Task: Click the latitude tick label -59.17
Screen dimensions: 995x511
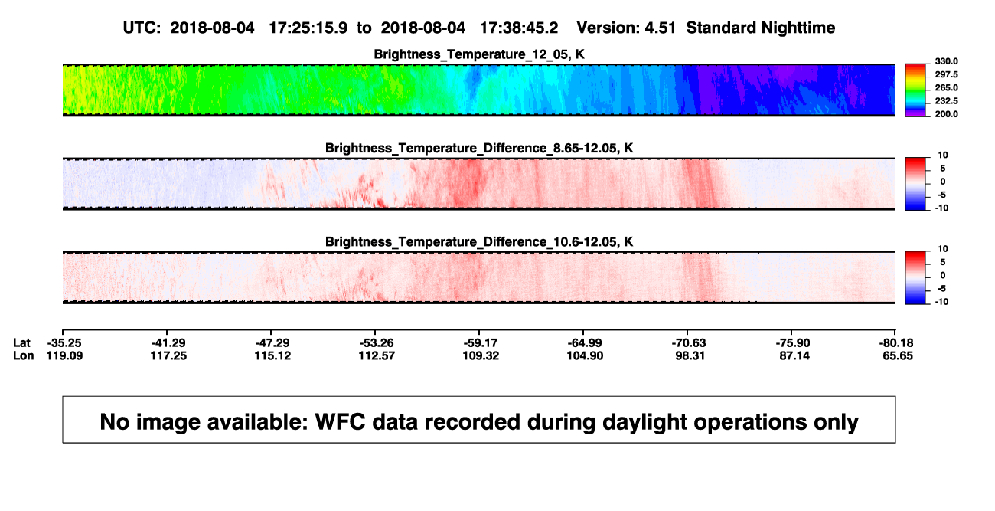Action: pyautogui.click(x=481, y=343)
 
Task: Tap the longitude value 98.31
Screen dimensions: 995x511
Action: pyautogui.click(x=690, y=355)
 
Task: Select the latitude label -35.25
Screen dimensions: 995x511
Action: pyautogui.click(x=64, y=343)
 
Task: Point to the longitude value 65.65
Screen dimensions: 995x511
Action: pyautogui.click(x=898, y=355)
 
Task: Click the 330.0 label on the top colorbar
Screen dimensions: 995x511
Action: pyautogui.click(x=946, y=61)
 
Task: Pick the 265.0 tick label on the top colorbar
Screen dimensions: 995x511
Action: pyautogui.click(x=946, y=87)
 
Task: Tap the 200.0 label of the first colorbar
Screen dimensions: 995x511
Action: pyautogui.click(x=946, y=114)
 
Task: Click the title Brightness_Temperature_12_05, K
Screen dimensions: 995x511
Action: pyautogui.click(x=479, y=54)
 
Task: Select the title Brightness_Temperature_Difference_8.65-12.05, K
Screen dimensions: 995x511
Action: pyautogui.click(x=479, y=148)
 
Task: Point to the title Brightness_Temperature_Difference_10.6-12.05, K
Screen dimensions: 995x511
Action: pyautogui.click(x=479, y=242)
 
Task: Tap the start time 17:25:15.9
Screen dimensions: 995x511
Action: pyautogui.click(x=308, y=28)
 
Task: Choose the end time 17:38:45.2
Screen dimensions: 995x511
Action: pyautogui.click(x=519, y=28)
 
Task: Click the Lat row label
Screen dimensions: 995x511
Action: pyautogui.click(x=21, y=343)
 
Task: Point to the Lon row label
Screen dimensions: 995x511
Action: pyautogui.click(x=24, y=355)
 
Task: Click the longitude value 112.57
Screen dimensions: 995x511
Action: pyautogui.click(x=377, y=355)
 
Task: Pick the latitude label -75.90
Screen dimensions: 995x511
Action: pyautogui.click(x=793, y=343)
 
